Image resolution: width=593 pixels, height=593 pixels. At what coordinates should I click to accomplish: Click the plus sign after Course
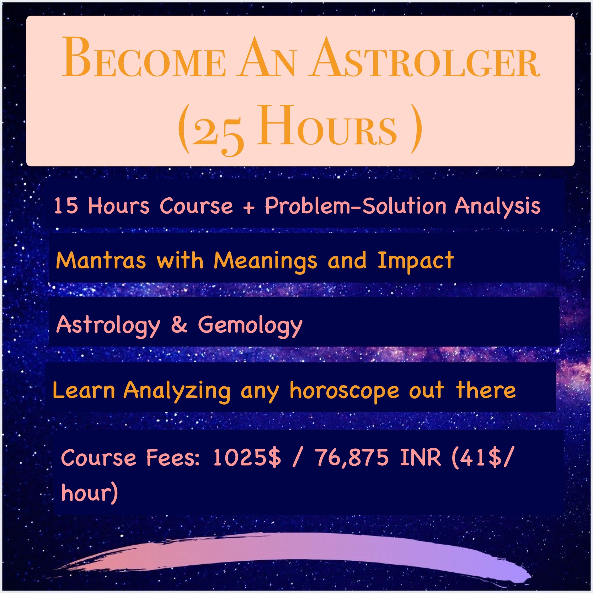249,207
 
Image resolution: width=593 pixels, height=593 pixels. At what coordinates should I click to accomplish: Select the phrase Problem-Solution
356,206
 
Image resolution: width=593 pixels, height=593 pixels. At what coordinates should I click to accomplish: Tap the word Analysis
498,206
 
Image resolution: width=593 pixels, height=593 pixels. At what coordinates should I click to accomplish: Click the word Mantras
101,261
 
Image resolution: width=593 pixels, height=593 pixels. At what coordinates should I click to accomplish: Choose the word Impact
416,261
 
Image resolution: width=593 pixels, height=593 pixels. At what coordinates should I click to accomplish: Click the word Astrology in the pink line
108,325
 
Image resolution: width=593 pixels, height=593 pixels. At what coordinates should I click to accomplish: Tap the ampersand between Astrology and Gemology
179,325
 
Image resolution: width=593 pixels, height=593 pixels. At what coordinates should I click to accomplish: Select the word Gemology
250,326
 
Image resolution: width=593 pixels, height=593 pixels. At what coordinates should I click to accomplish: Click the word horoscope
344,391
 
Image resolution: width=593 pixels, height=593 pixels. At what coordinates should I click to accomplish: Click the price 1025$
247,457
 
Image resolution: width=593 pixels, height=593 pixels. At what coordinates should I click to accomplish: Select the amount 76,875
352,458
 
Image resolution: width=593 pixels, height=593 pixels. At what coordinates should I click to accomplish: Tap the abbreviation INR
420,457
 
